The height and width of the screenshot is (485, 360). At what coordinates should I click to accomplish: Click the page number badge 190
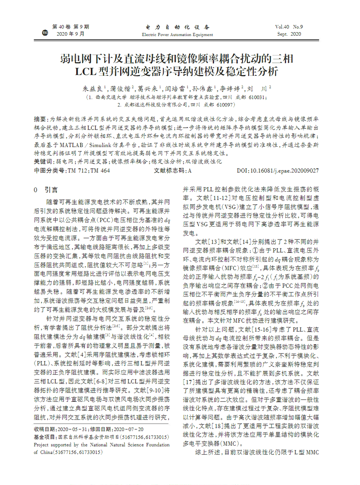(x=45, y=34)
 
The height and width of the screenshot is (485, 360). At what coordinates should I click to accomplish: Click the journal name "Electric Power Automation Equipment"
(x=177, y=34)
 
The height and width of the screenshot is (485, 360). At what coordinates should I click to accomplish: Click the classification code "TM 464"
(x=100, y=171)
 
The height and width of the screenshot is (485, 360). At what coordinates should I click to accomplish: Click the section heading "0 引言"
(x=46, y=190)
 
